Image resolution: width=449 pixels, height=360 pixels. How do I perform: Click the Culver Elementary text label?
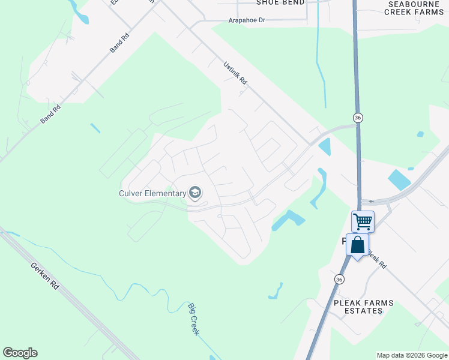[152, 193]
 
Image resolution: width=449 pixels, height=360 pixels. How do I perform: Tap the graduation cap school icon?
[194, 193]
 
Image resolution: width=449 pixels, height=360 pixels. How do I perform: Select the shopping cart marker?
[363, 221]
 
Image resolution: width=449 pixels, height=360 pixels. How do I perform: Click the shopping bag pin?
[357, 245]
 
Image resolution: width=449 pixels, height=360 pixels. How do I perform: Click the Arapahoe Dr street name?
[247, 20]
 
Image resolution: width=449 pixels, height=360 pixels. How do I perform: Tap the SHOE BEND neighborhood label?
[276, 2]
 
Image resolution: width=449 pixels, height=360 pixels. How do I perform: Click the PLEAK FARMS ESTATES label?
[364, 307]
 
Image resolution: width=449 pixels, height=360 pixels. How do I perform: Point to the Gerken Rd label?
[45, 276]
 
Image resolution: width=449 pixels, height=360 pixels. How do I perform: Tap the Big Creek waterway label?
[193, 319]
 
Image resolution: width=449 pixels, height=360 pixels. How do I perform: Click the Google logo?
[20, 353]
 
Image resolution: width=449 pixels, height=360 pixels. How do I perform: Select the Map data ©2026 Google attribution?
[412, 355]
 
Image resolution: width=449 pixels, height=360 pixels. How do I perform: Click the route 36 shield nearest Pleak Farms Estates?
[339, 280]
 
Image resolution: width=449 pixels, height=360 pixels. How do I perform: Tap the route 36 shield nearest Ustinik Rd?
[358, 118]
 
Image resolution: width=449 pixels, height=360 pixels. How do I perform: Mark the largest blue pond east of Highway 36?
[399, 179]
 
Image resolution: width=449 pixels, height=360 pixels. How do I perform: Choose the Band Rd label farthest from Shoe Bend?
[51, 115]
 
